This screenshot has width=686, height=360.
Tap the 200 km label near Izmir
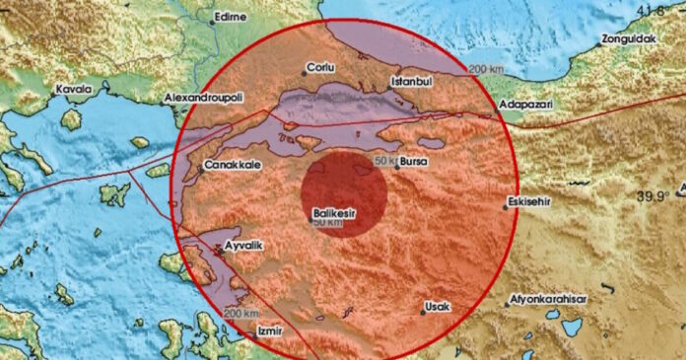click(x=238, y=313)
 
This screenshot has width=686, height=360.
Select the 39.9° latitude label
click(x=652, y=196)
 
